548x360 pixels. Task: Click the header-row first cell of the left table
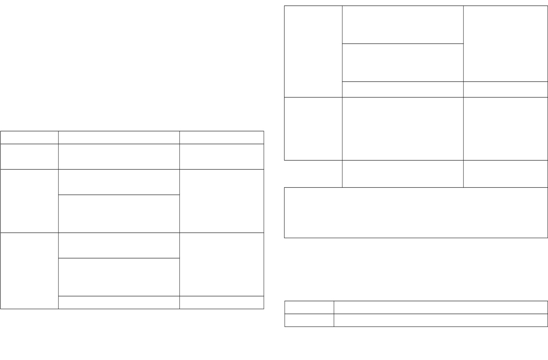[29, 138]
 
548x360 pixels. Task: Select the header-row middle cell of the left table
[119, 138]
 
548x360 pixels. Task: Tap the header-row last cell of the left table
[221, 138]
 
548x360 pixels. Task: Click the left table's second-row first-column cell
[29, 156]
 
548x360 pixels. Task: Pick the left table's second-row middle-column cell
[119, 156]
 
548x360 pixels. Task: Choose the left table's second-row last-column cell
[221, 156]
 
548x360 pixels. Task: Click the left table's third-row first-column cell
[29, 201]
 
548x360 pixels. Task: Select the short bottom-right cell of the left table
[221, 302]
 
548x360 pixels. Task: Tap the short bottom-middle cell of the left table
[119, 302]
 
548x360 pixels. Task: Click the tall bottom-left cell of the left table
[29, 271]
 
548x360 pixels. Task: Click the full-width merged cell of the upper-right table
[416, 212]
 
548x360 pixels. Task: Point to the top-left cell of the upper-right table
[313, 51]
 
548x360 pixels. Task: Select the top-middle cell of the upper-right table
[402, 24]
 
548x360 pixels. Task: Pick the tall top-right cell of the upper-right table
[505, 44]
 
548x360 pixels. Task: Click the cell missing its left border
[313, 174]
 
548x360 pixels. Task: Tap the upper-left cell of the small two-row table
[309, 307]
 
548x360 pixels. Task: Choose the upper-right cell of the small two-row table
[440, 307]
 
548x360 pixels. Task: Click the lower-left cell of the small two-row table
[309, 320]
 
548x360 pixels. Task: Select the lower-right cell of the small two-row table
[440, 320]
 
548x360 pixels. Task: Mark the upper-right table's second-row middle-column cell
[402, 128]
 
